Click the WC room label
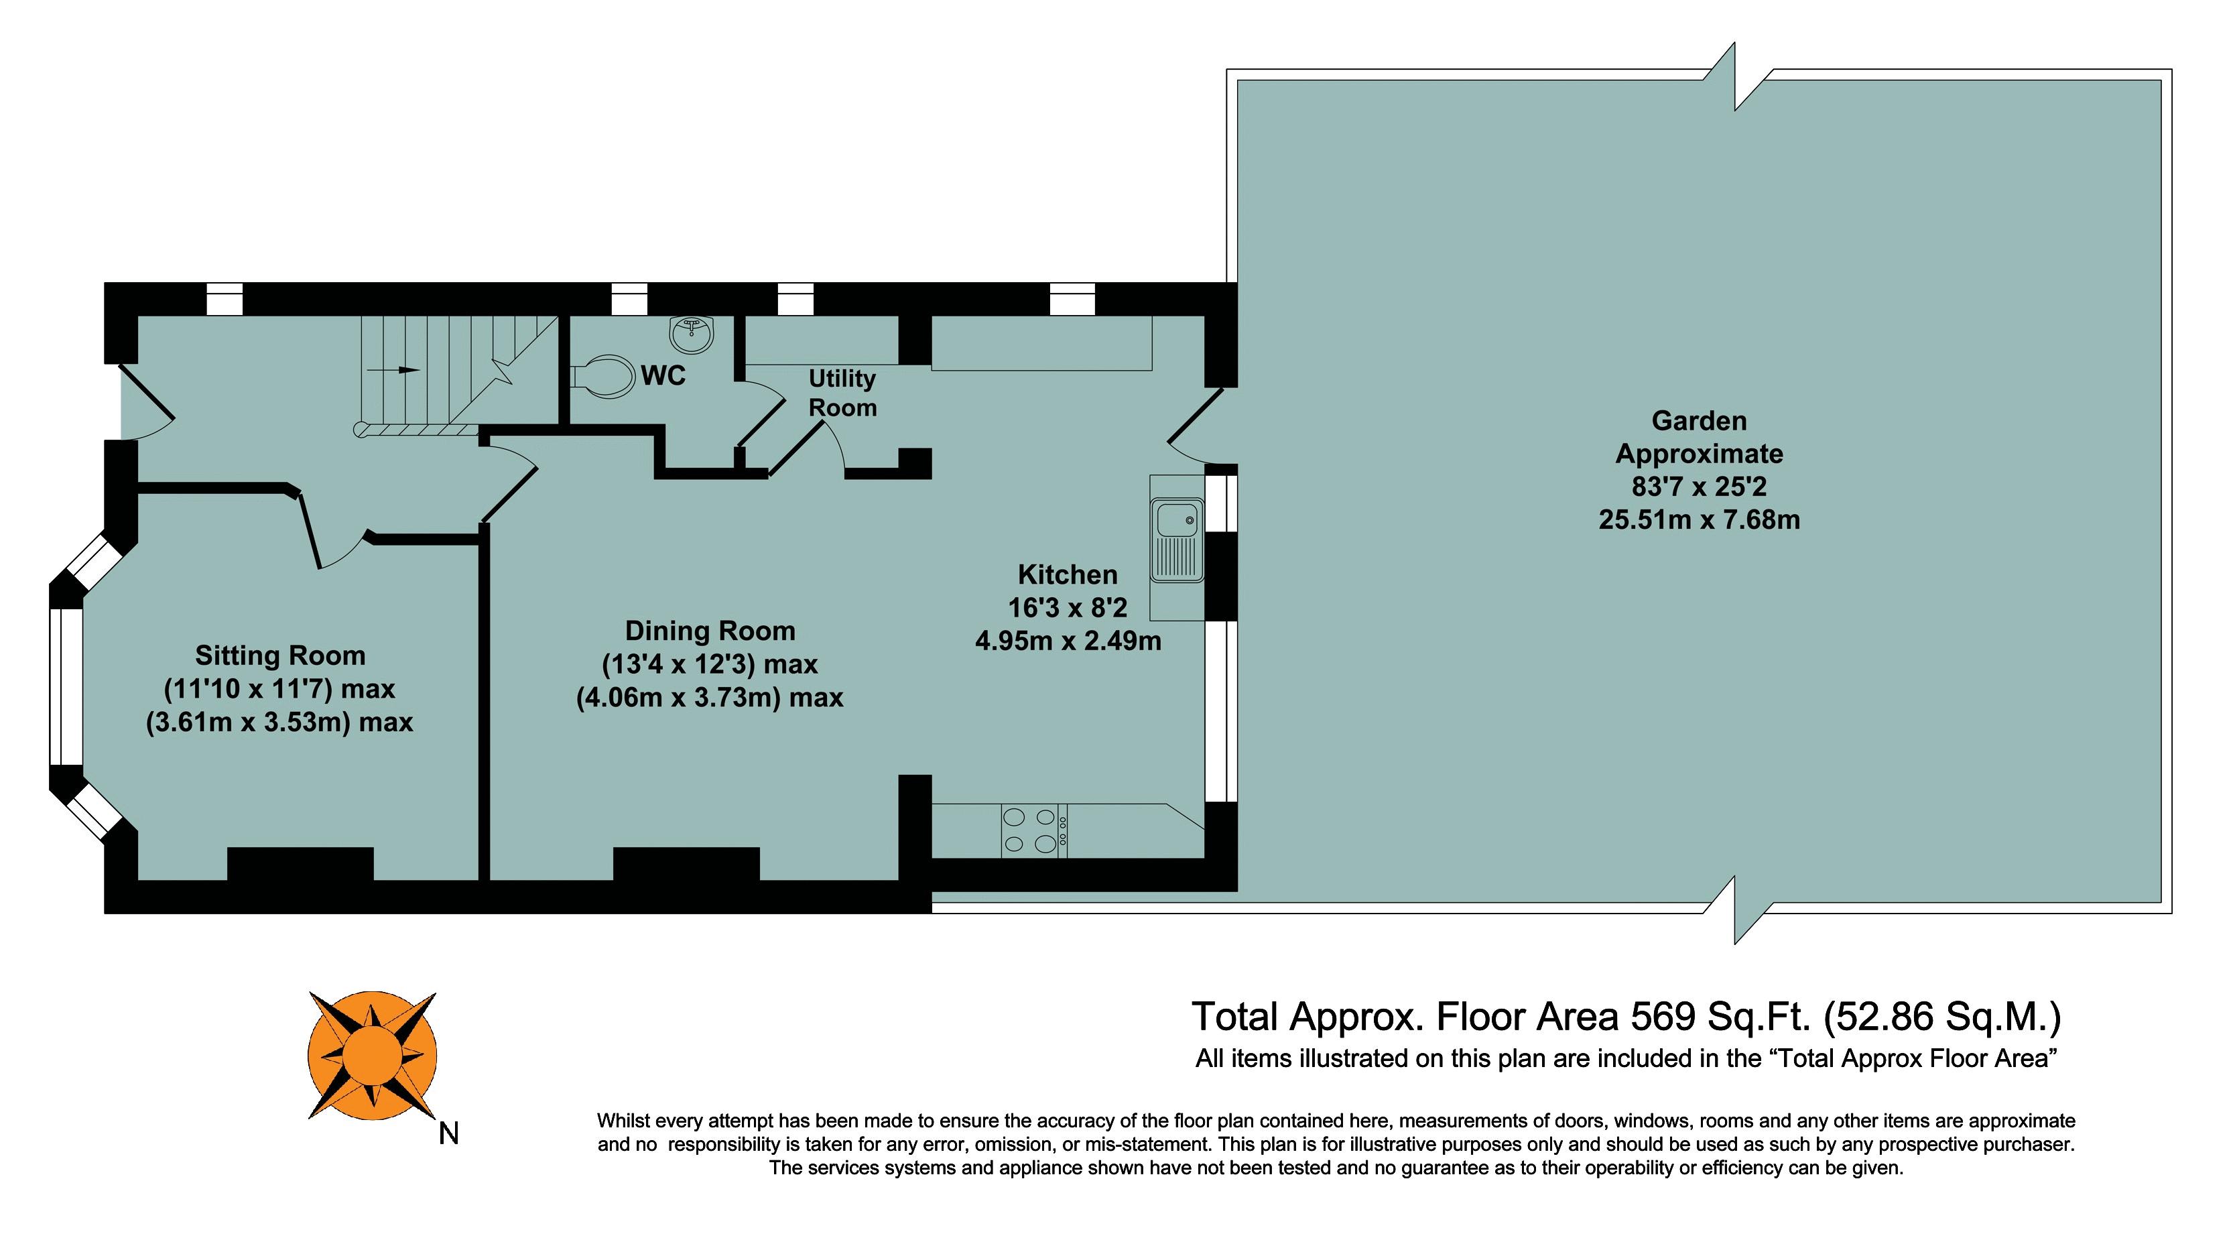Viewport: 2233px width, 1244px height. [663, 375]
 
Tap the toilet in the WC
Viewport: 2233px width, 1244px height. [604, 376]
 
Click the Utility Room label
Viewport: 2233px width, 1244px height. [842, 393]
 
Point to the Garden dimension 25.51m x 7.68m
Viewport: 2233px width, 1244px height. [1699, 520]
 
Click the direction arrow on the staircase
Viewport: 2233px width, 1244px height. [395, 370]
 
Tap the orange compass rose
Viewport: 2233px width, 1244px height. [373, 1055]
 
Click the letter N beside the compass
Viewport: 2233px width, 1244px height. [448, 1133]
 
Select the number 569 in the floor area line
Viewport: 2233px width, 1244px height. [1663, 1016]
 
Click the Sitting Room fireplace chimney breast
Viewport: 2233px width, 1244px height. [301, 863]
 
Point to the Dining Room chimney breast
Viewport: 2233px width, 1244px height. [686, 863]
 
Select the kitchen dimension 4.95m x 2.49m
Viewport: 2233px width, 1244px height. [1068, 641]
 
